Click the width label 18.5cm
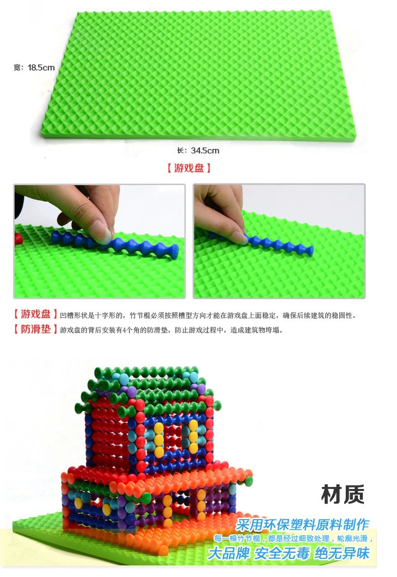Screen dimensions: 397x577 point(41,68)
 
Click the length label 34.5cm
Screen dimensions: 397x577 point(205,150)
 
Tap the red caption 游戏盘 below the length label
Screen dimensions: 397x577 point(189,168)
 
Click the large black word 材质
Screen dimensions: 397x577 point(343,494)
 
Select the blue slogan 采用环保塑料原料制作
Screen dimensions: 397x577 point(302,525)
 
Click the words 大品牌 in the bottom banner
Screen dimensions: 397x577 point(229,553)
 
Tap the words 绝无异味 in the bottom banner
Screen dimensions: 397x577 point(342,553)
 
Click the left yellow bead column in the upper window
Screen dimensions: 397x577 point(159,439)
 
